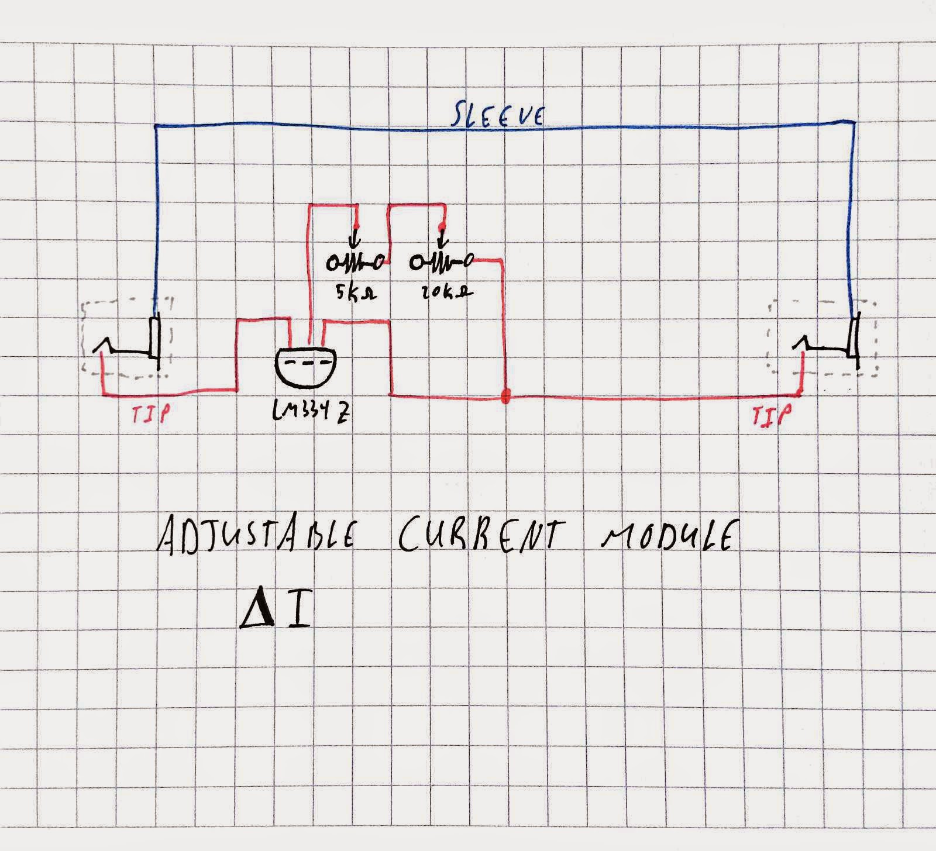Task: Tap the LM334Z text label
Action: coord(310,412)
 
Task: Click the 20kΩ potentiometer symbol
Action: coord(442,264)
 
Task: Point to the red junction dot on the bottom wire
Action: coord(505,397)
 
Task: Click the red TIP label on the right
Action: coord(772,416)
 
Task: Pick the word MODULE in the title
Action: coord(666,535)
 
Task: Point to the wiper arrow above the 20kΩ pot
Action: coord(442,239)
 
